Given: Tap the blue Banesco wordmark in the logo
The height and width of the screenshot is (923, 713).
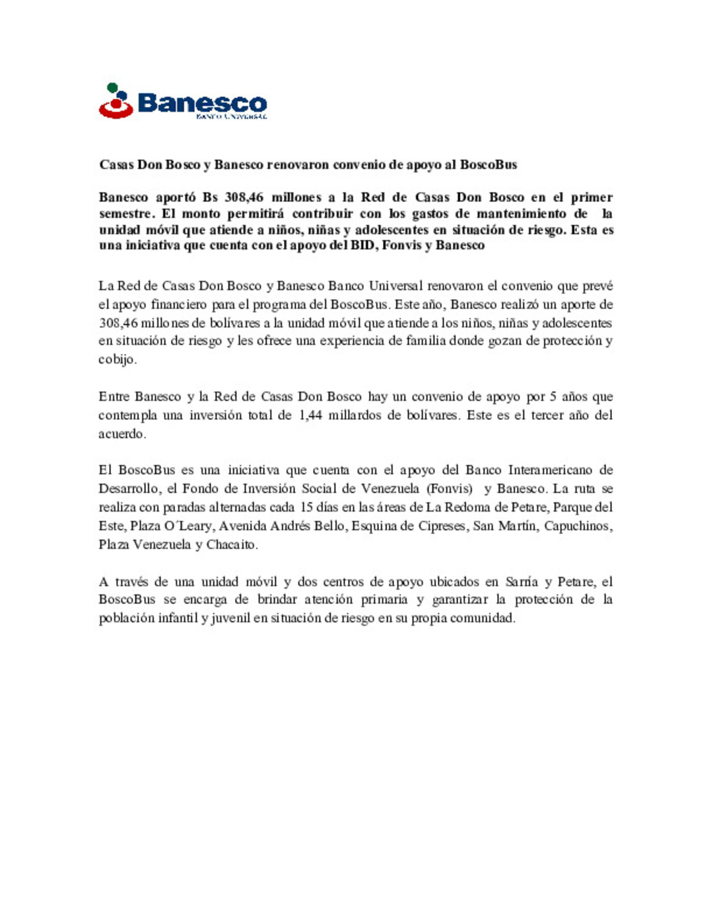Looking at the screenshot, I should (x=202, y=103).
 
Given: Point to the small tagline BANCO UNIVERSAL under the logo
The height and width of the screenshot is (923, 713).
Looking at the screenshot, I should (x=231, y=117).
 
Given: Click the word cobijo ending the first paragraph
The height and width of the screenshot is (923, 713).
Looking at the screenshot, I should (x=117, y=359).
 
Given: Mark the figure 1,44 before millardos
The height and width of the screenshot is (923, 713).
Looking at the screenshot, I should (x=310, y=415).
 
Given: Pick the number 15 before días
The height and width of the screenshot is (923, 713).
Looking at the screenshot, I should (x=306, y=507).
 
